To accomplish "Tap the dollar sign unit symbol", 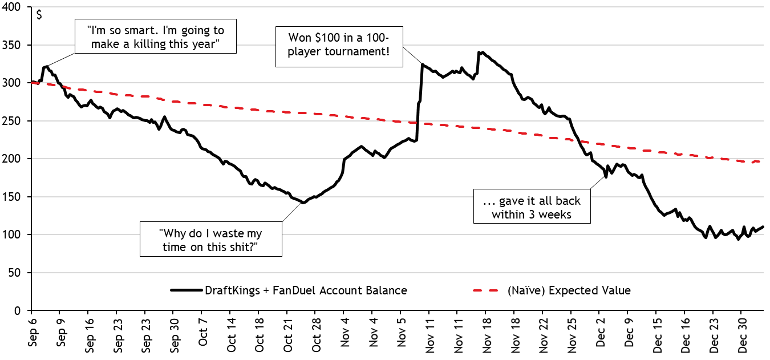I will (39, 15).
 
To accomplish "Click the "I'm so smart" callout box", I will (155, 38).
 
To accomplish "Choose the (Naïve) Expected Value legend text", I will (569, 290).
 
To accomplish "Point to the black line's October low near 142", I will (303, 203).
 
